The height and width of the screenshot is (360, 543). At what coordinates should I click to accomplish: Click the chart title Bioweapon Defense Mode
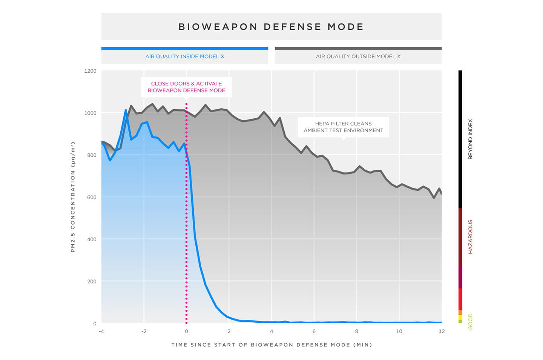[271, 27]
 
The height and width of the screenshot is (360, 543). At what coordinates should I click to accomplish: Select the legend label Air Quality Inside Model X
[185, 57]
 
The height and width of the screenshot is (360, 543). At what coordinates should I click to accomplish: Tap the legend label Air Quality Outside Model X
[358, 57]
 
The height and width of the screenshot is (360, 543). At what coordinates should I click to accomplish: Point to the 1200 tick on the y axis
[90, 71]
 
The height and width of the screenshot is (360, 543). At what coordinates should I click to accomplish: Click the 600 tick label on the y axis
[92, 197]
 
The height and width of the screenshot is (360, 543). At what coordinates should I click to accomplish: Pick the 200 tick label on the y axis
[92, 281]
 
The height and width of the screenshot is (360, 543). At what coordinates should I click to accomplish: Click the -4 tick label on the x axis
[101, 331]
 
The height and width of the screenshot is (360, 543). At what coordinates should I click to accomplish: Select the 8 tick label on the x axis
[356, 331]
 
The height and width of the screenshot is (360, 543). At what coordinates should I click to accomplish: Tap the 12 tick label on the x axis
[441, 331]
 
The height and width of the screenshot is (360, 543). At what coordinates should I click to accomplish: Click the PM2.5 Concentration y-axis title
[73, 197]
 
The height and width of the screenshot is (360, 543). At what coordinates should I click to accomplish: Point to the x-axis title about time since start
[271, 345]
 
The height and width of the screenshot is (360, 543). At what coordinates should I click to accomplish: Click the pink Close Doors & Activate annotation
[186, 87]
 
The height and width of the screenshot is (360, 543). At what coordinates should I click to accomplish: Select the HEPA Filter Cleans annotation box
[343, 127]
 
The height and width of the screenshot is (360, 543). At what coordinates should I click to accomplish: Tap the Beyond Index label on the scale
[470, 139]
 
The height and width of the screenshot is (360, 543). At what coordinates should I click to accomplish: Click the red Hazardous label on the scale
[470, 236]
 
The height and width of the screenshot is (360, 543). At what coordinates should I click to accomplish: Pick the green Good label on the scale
[470, 322]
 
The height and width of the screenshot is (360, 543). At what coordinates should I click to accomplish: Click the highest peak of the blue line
[126, 110]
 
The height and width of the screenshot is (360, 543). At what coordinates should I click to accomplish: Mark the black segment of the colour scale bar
[460, 139]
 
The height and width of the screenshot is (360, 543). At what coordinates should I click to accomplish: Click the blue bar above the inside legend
[185, 49]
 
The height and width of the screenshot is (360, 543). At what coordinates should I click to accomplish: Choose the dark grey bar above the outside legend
[358, 49]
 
